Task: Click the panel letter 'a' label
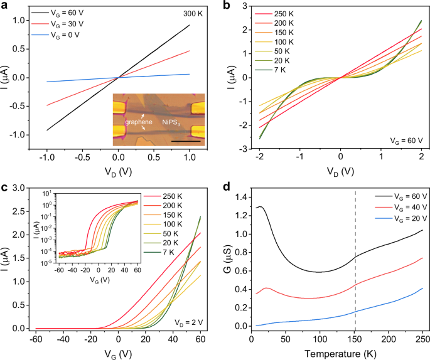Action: tap(5, 6)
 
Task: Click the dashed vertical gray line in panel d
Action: tap(355, 263)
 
